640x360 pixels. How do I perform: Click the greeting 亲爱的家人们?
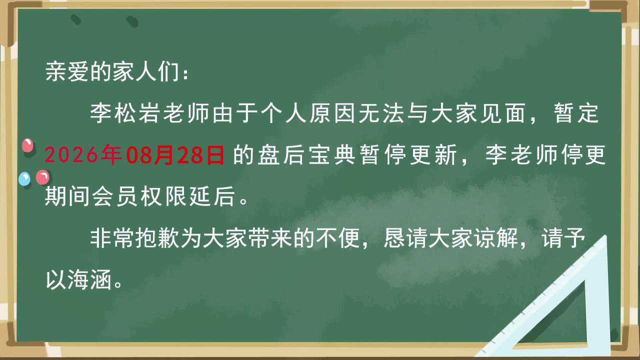point(112,71)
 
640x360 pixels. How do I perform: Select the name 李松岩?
point(124,113)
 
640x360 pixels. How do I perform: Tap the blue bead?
point(24,179)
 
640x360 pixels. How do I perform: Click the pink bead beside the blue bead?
point(42,177)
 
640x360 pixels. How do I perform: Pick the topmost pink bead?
point(27,145)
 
